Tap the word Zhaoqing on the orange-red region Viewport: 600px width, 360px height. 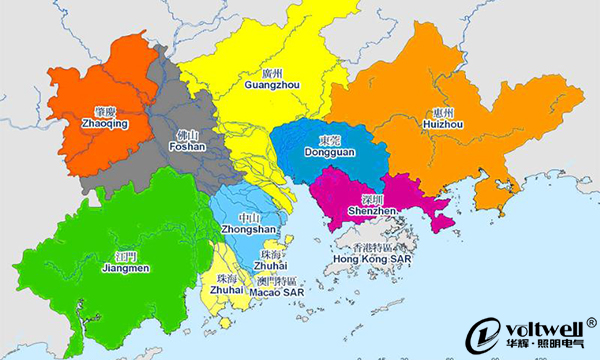pyautogui.click(x=105, y=125)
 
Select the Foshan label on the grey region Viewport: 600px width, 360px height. pyautogui.click(x=187, y=146)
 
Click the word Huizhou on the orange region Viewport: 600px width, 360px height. pyautogui.click(x=444, y=125)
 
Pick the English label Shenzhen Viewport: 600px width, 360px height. pyautogui.click(x=373, y=211)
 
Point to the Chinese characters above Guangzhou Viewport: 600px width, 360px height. pyautogui.click(x=271, y=74)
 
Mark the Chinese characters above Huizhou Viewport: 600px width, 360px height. pyautogui.click(x=443, y=112)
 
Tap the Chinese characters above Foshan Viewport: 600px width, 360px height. pyautogui.click(x=186, y=134)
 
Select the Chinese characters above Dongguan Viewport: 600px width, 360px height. pyautogui.click(x=329, y=140)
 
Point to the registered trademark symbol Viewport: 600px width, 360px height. pyautogui.click(x=591, y=323)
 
